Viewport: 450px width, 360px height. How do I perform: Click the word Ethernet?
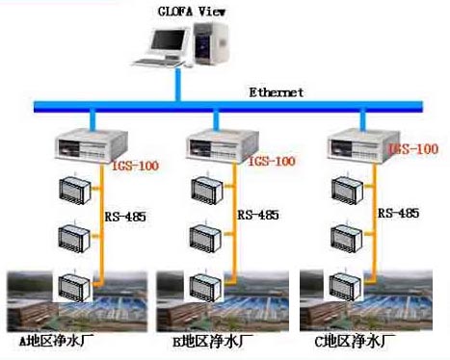[277, 92]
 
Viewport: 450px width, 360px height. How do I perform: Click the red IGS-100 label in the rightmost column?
[416, 149]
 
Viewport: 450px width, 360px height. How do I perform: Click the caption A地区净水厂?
[60, 341]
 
